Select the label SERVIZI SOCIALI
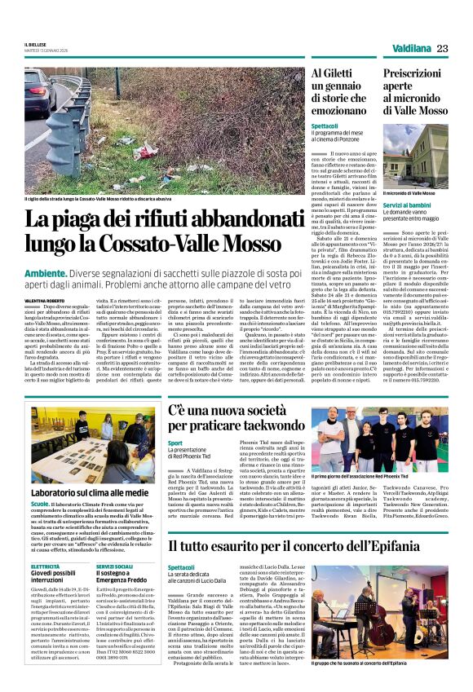click(114, 565)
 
